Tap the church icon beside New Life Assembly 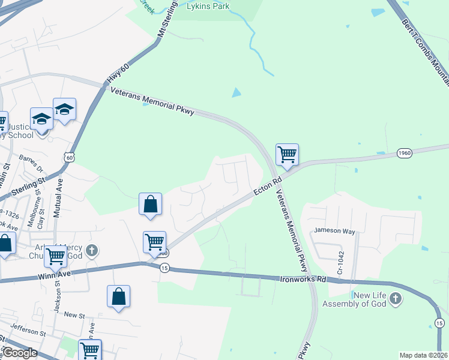[395, 298]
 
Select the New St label [74, 314]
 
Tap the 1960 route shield [404, 154]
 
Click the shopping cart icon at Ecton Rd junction [288, 154]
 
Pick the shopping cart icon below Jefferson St [90, 349]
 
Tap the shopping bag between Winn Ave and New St [119, 296]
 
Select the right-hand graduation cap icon [64, 109]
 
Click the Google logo [20, 353]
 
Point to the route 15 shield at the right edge [439, 323]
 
